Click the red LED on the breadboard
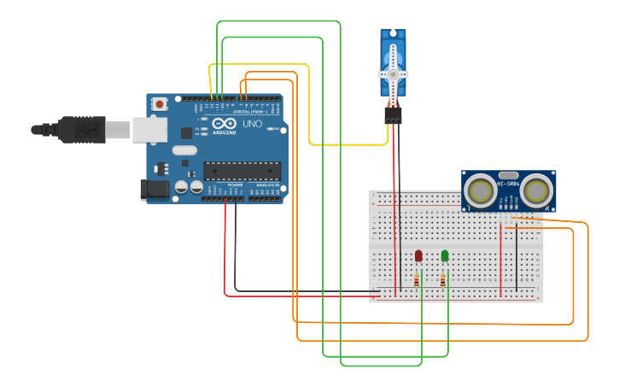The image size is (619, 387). click(x=418, y=255)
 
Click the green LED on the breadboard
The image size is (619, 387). click(x=445, y=255)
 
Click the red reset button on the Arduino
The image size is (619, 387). click(x=160, y=104)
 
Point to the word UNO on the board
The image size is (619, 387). click(x=252, y=125)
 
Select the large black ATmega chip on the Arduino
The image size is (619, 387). click(x=242, y=171)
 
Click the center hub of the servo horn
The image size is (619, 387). click(x=393, y=75)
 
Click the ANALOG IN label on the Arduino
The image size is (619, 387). click(x=266, y=185)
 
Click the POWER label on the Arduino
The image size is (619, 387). click(x=235, y=185)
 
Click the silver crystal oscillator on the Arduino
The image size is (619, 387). click(x=184, y=150)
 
